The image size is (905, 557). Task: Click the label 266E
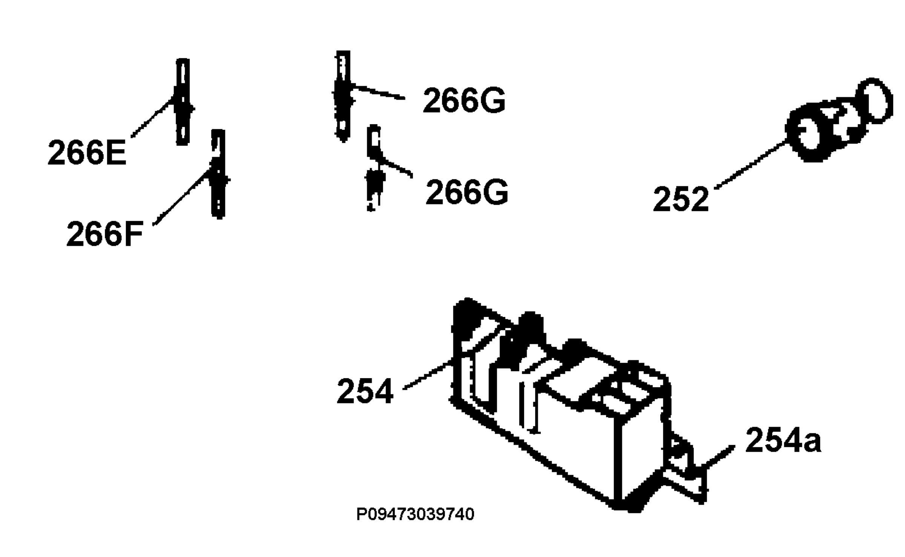coord(87,152)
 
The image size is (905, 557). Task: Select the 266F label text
coord(105,234)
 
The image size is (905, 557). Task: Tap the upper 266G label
coord(464,100)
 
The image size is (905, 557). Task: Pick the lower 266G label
coord(467,192)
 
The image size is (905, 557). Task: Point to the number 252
coord(681,198)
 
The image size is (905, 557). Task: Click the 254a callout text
coord(783,440)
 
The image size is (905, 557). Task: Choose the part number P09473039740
coord(415,514)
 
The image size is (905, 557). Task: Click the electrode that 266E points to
coord(183,102)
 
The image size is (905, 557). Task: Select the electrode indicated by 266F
coord(218,174)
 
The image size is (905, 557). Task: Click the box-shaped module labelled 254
coord(558,404)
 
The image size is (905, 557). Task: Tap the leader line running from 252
coord(751,165)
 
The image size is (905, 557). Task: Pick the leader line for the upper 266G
coord(378,93)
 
